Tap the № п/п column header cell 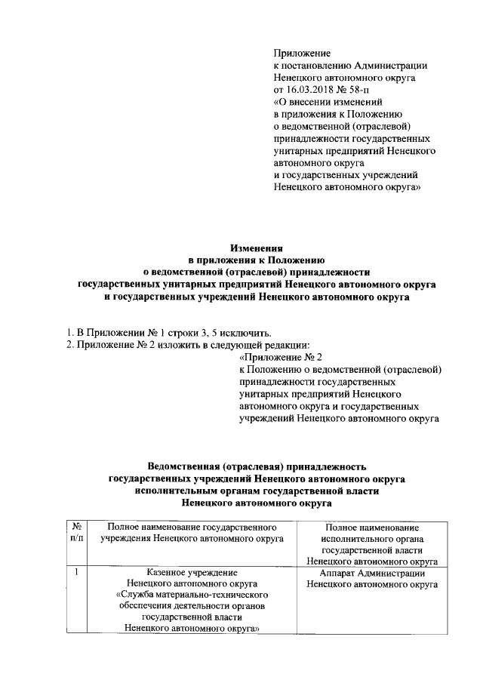coord(77,533)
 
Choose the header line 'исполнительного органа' coord(371,539)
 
